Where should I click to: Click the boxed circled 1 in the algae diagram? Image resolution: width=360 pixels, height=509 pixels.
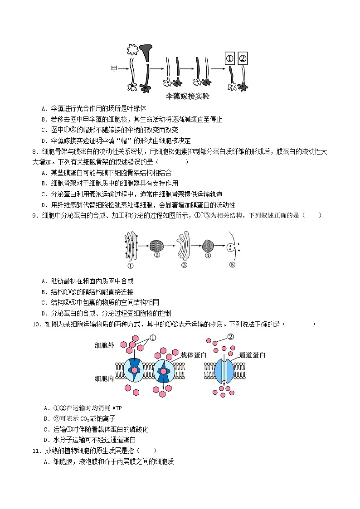(x=230, y=58)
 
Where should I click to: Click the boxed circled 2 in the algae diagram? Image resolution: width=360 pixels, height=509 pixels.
(x=243, y=58)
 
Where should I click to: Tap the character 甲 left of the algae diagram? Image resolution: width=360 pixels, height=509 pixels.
(x=114, y=69)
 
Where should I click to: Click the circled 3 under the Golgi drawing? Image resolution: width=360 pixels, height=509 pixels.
(x=184, y=266)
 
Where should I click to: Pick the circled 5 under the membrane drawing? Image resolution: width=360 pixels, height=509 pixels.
(x=232, y=265)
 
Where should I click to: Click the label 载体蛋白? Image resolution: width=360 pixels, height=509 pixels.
(x=194, y=355)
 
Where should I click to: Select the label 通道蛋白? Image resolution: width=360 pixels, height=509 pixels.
(x=252, y=355)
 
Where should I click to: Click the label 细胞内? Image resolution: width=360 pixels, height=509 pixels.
(x=104, y=378)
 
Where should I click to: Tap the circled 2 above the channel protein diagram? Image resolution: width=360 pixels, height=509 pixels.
(x=230, y=337)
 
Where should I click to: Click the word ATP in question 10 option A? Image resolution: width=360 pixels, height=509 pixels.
(x=116, y=408)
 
